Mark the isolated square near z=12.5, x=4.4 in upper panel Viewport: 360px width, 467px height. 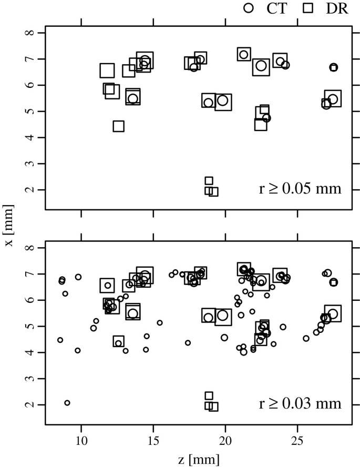[118, 126]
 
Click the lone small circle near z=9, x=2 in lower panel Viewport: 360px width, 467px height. [67, 403]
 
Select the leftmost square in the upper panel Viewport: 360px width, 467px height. [107, 70]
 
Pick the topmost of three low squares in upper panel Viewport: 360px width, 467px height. [209, 181]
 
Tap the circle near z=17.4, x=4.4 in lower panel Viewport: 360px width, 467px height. [188, 343]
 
